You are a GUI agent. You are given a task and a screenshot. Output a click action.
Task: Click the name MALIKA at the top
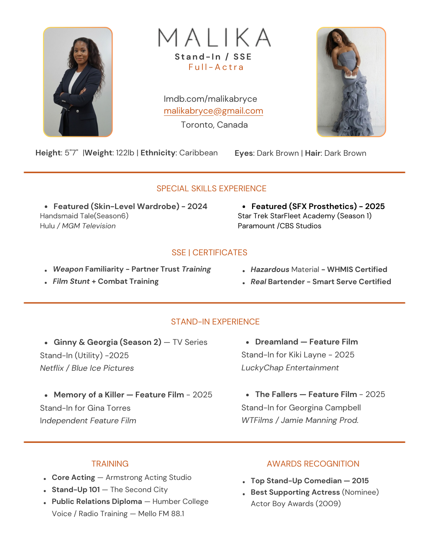coord(214,37)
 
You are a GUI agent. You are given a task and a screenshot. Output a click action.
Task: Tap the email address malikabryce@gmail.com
coord(213,111)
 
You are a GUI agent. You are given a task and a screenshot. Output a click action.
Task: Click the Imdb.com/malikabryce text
coord(210,99)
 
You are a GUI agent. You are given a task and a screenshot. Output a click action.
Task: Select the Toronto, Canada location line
coord(214,125)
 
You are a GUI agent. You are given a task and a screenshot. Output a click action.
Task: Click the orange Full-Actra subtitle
coord(216,67)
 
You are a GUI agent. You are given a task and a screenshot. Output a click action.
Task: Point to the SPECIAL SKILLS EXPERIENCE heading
coord(211,189)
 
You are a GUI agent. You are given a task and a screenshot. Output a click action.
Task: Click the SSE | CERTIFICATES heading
coord(209,253)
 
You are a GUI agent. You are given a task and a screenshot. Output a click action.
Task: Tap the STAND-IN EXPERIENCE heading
coord(215,322)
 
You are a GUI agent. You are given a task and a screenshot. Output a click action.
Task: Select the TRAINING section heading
coord(110,464)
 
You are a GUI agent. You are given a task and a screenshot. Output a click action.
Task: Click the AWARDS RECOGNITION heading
coord(313,464)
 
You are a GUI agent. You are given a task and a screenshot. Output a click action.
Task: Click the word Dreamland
coord(276,342)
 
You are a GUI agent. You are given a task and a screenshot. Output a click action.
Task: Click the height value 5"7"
coord(71,153)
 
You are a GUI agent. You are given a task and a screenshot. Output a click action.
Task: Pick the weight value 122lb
coord(125,153)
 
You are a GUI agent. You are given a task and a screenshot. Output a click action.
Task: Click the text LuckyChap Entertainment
coord(290,368)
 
